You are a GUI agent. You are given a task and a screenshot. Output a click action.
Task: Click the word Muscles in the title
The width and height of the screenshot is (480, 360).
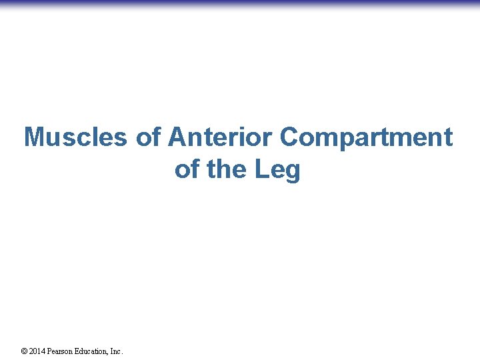(x=75, y=137)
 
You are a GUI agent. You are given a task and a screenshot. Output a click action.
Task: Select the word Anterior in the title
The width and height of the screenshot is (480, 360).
(x=221, y=137)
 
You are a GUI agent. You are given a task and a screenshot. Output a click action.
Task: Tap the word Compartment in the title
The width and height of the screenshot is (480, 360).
(x=366, y=137)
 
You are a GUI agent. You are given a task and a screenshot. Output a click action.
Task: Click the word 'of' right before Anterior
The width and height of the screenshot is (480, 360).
(x=147, y=137)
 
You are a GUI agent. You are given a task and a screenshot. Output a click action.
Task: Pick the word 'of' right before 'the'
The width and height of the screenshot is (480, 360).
(x=187, y=169)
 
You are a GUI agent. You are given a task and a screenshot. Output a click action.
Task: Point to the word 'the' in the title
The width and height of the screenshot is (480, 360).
(x=227, y=169)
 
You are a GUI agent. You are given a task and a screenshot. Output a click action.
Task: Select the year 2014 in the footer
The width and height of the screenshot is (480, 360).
(x=39, y=351)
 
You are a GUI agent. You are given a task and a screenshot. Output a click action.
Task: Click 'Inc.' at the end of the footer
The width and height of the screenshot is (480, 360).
(x=117, y=351)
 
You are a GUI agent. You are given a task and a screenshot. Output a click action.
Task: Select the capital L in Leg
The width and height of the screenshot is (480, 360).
(x=261, y=169)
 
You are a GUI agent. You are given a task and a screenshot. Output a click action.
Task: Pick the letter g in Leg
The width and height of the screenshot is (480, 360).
(x=293, y=172)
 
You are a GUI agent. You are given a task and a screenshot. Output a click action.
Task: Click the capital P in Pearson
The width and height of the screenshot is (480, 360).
(x=52, y=351)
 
